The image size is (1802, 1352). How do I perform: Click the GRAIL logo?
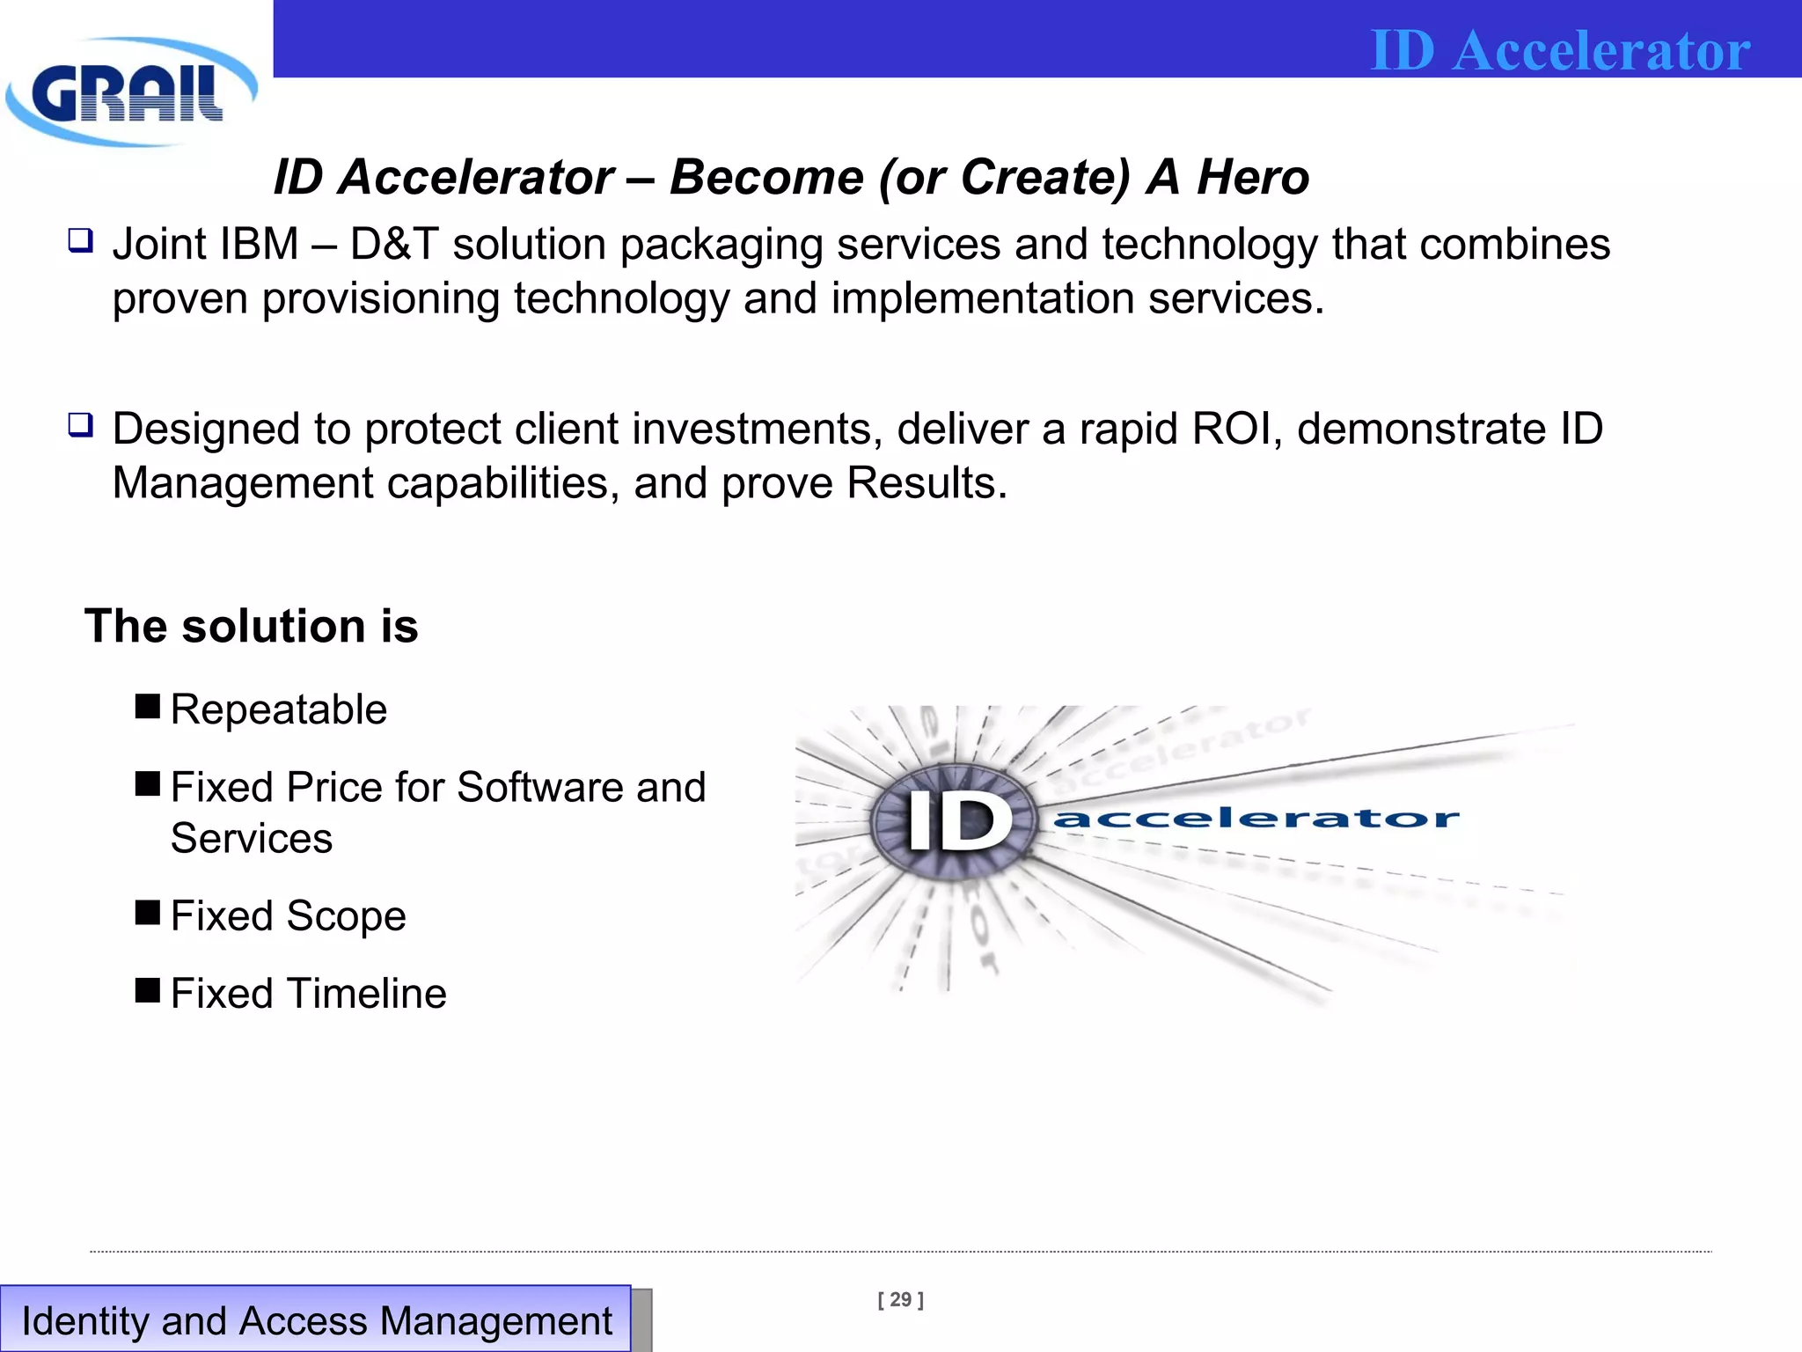pos(130,92)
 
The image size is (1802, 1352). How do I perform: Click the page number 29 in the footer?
pos(900,1300)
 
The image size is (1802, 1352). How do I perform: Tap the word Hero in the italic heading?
pos(1253,177)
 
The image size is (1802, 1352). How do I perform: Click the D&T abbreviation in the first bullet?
pos(394,245)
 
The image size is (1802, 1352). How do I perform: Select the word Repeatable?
pos(279,709)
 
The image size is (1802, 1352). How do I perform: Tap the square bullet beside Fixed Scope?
pos(148,913)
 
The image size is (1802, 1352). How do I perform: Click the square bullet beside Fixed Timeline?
pos(148,990)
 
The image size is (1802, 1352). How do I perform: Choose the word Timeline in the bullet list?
pos(367,994)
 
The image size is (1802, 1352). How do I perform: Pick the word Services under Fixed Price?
pos(252,838)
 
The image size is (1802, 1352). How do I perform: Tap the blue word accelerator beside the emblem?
pos(1256,819)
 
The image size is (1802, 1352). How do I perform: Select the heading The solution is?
pos(252,626)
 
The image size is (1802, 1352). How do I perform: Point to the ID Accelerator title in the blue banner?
pos(1560,50)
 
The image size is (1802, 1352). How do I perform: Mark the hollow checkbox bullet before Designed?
pos(81,426)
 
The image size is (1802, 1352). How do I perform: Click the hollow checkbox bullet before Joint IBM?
pos(81,240)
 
